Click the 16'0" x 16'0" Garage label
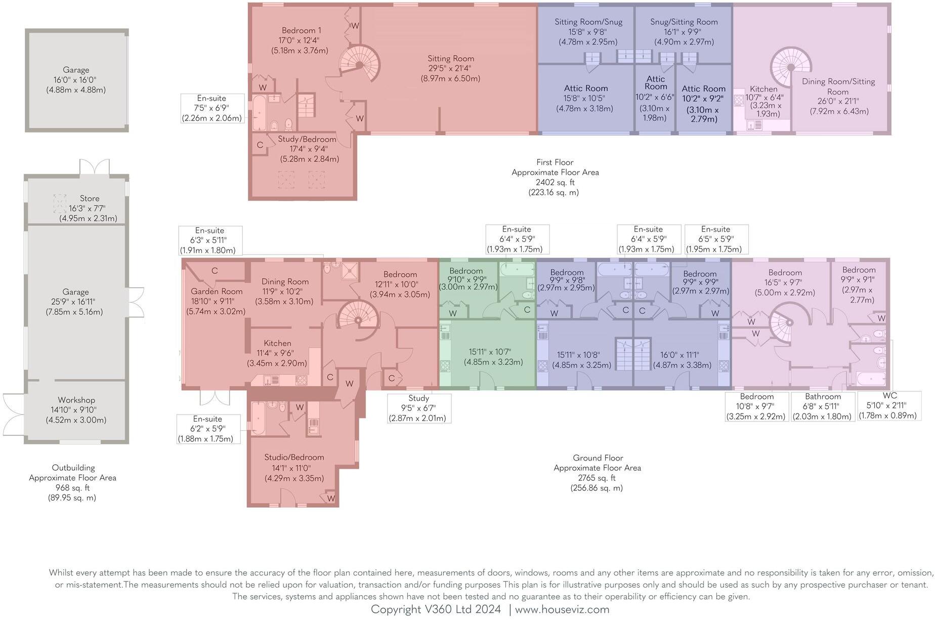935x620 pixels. tap(76, 80)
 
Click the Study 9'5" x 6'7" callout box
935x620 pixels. tap(418, 408)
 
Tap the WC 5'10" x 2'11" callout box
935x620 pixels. tap(889, 405)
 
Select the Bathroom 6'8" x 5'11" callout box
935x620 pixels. tap(823, 406)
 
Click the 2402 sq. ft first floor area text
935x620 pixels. tap(555, 182)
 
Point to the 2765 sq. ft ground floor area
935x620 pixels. tap(597, 478)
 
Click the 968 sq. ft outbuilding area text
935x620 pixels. tap(72, 487)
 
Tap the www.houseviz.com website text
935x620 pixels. tap(562, 609)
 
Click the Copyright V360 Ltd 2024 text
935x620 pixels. tap(436, 609)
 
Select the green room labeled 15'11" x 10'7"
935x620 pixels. tap(488, 357)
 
